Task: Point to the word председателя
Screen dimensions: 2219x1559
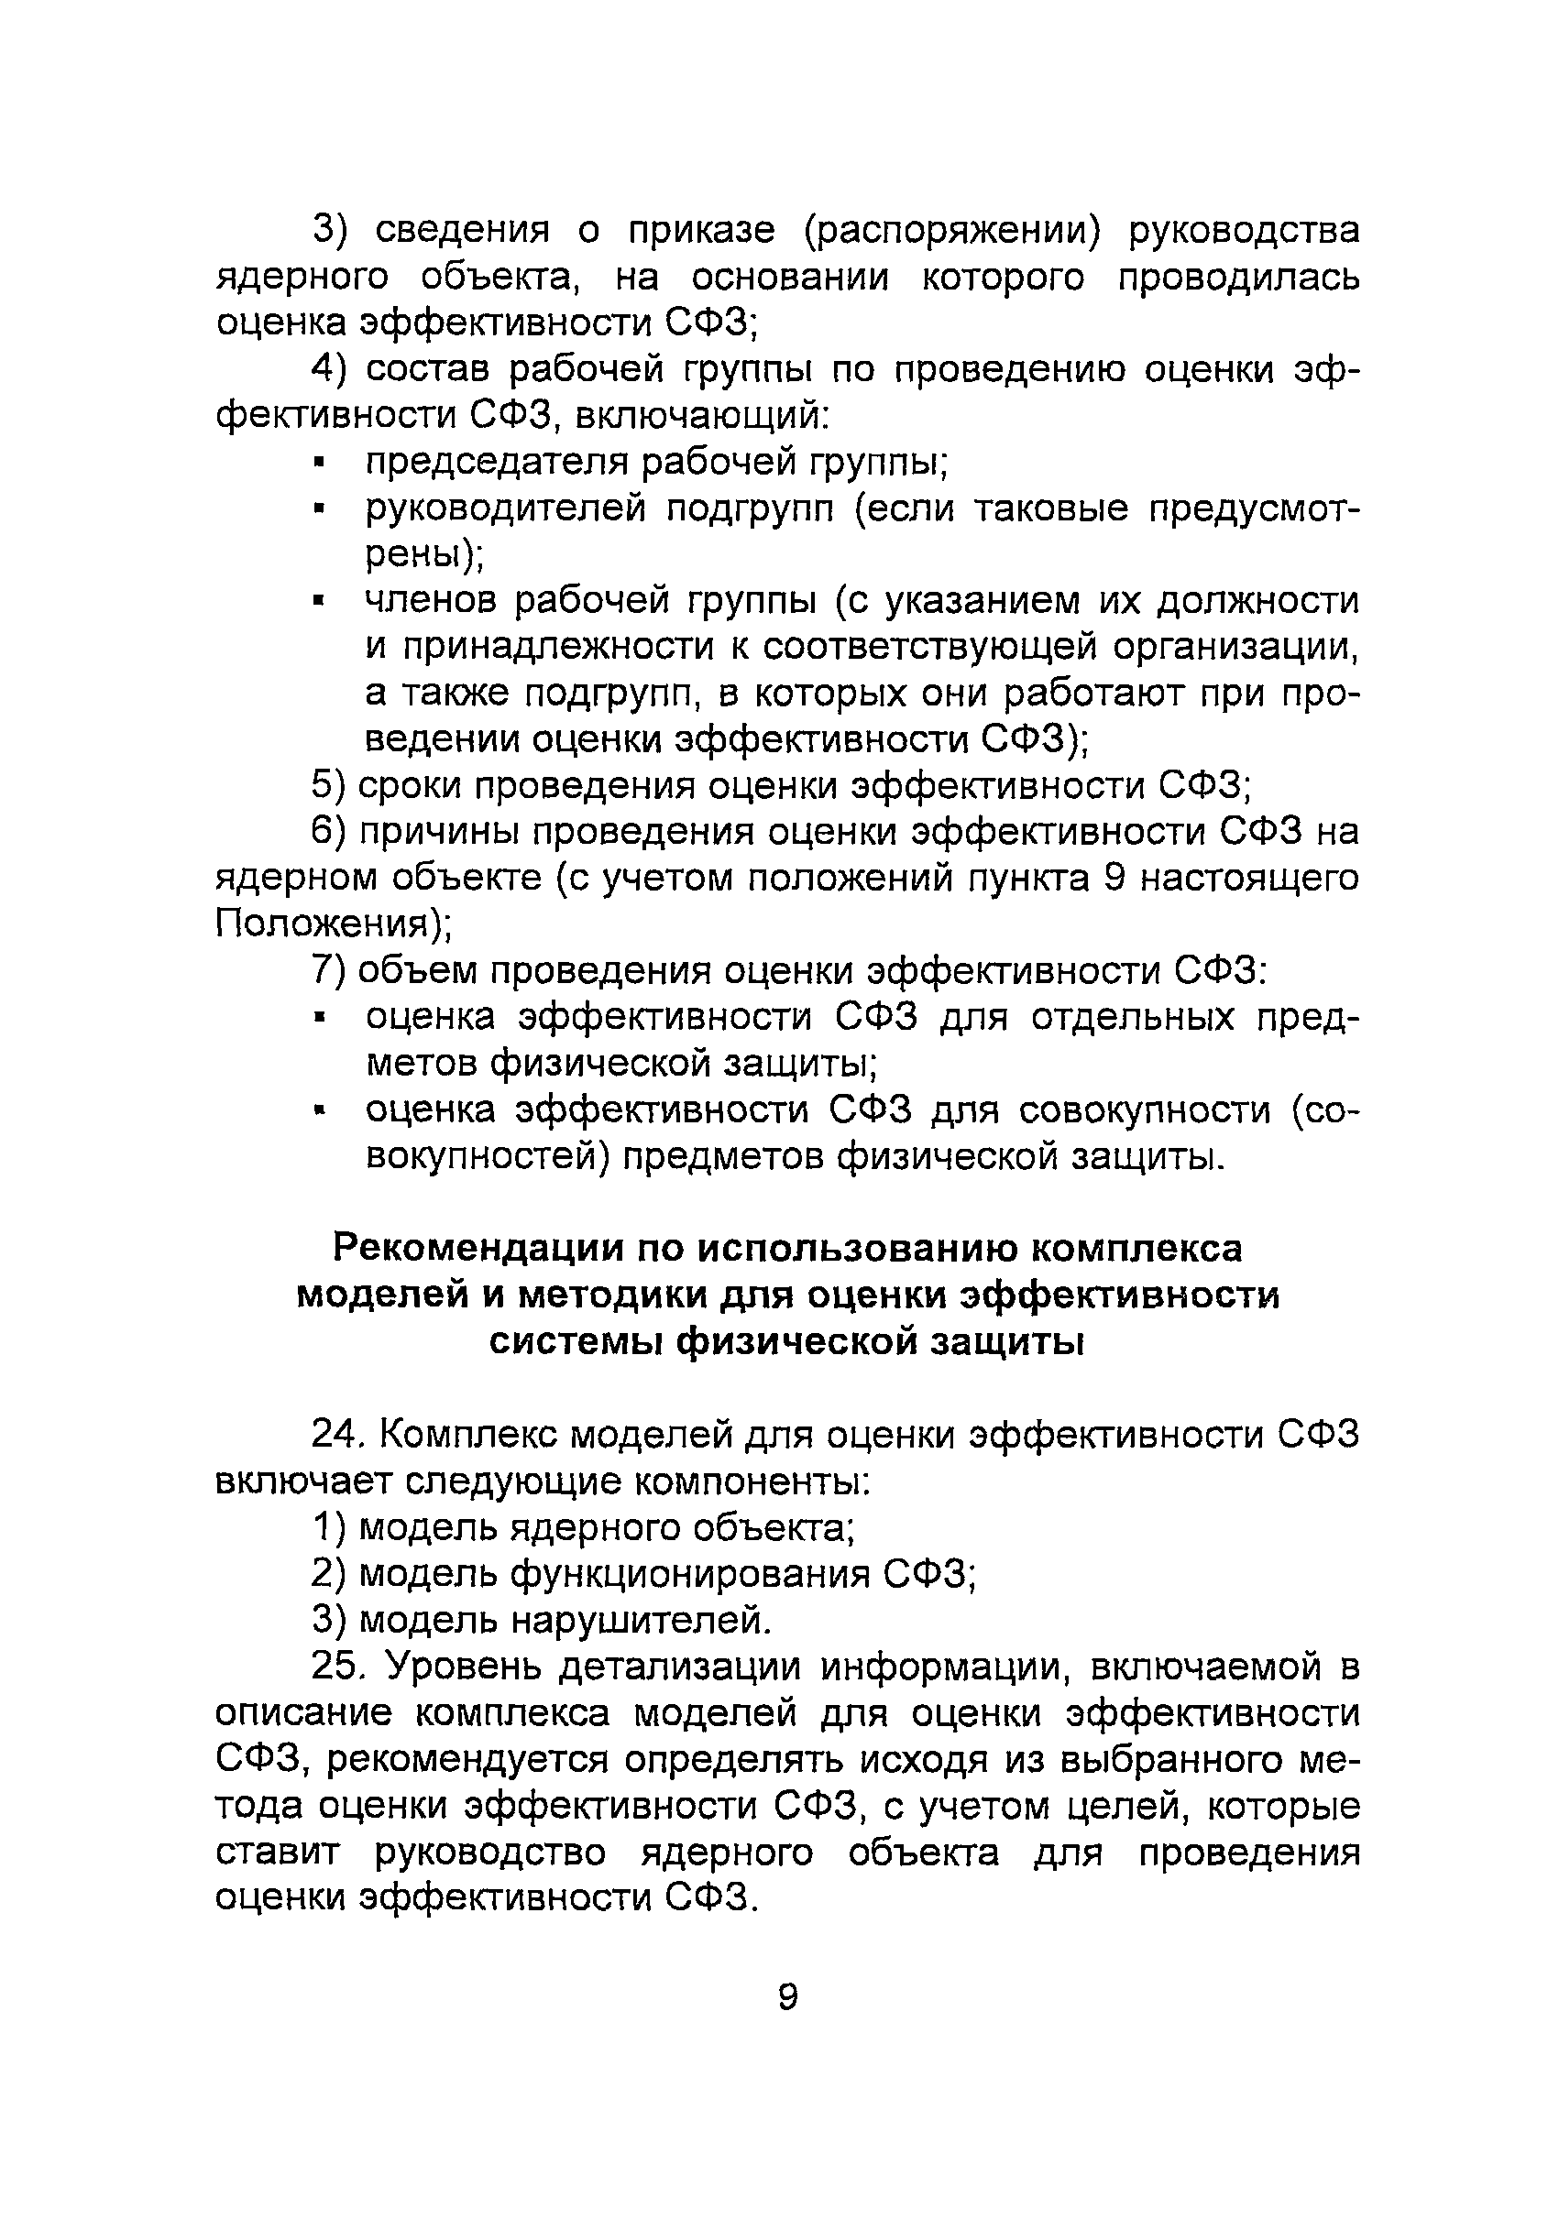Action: click(x=497, y=463)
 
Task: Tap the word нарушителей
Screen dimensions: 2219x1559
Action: click(x=642, y=1620)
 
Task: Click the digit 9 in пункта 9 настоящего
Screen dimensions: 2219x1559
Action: click(x=1112, y=879)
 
